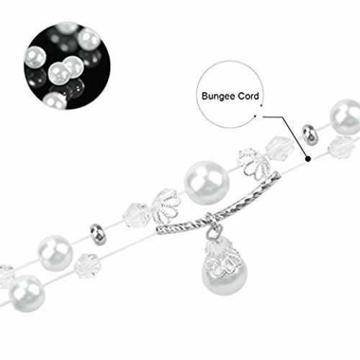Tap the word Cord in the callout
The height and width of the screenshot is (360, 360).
click(248, 96)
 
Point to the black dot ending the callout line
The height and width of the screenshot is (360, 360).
click(308, 158)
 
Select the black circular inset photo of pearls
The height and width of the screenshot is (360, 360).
click(67, 66)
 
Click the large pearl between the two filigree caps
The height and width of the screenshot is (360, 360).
click(207, 183)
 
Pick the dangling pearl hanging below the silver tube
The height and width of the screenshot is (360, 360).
click(224, 276)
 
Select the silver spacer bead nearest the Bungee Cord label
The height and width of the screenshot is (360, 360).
click(309, 135)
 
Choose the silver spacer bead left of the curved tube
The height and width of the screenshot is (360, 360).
click(99, 235)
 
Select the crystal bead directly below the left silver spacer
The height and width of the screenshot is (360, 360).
click(86, 266)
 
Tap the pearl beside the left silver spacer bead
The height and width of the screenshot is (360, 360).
click(55, 253)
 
